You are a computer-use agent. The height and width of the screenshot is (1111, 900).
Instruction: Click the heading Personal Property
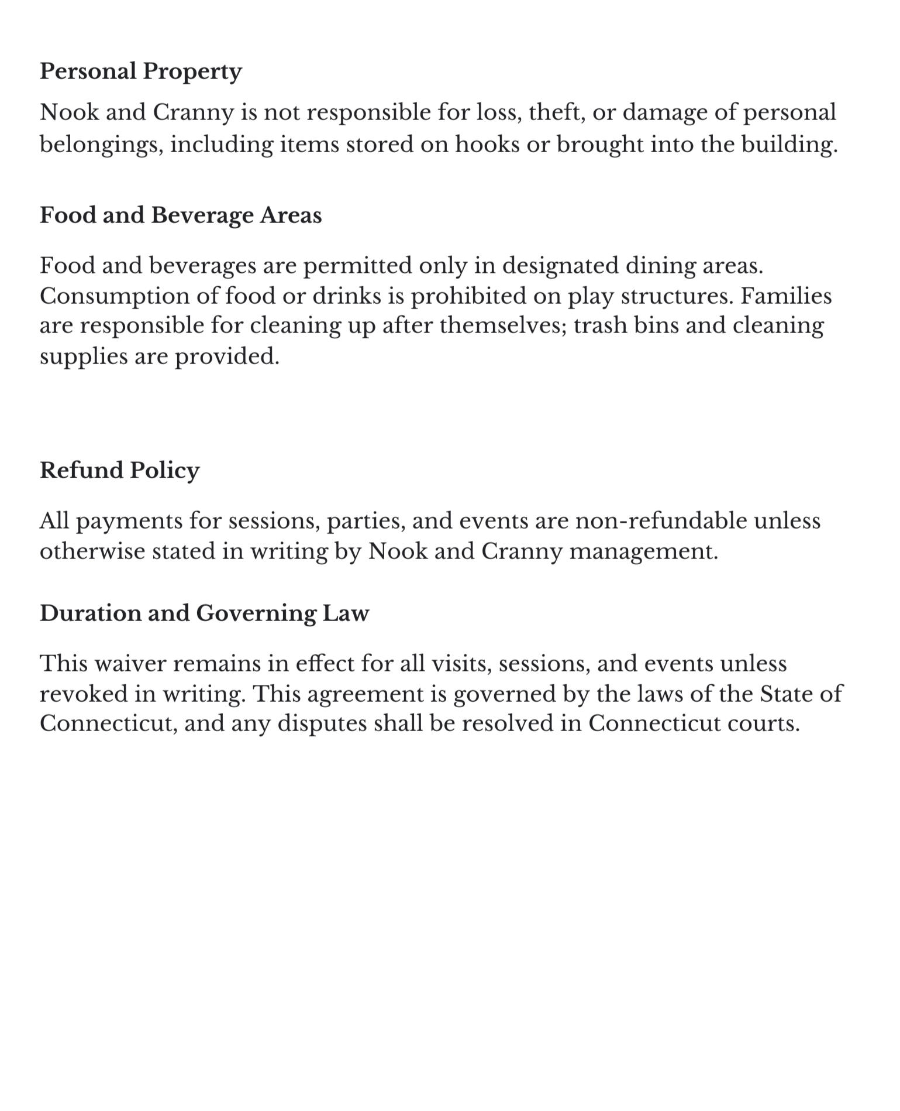140,71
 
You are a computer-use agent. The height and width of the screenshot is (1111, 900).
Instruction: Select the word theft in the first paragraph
556,112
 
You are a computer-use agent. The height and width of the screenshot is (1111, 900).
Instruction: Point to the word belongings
101,145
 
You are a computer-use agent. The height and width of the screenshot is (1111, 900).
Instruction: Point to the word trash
600,325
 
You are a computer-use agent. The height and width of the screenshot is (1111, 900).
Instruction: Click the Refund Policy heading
120,470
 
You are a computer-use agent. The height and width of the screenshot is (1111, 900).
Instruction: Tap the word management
643,551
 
